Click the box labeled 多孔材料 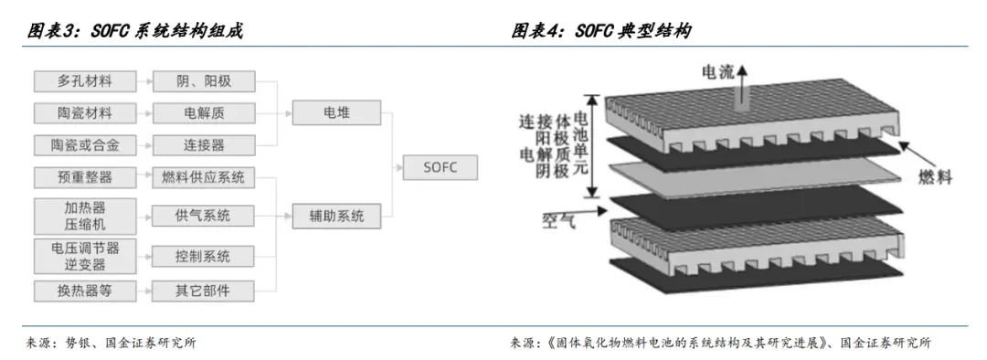coord(85,81)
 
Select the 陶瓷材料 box coord(85,113)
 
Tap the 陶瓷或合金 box coord(85,145)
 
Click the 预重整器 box coord(85,177)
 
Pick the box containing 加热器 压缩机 coord(85,216)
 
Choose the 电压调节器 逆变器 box coord(85,256)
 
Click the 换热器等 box coord(85,291)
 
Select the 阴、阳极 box coord(203,81)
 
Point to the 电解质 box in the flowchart coord(203,113)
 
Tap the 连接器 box coord(203,145)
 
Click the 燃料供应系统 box coord(203,177)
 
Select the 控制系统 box coord(203,256)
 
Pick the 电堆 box coord(336,113)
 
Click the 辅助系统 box coord(336,216)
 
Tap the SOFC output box coord(440,167)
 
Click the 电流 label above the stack coord(718,72)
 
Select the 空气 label coord(559,220)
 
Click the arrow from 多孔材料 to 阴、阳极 coord(144,81)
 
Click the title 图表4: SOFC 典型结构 coord(600,30)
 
